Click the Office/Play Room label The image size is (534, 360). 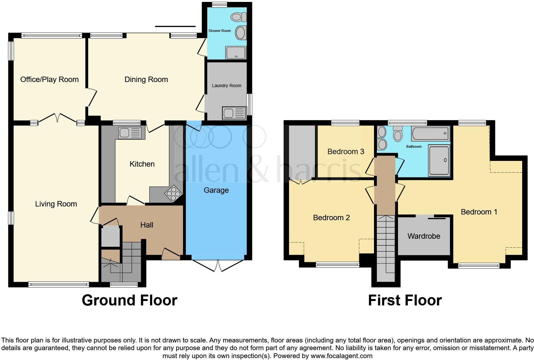coord(50,79)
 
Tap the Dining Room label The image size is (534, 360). coord(146,79)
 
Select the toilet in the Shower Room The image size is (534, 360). coord(239,17)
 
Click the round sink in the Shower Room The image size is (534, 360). coord(240,33)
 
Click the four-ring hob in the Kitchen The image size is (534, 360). coord(173,193)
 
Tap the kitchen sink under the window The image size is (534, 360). coord(130,132)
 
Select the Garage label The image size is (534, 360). coord(216,190)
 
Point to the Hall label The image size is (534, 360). coord(147,225)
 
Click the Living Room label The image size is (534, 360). coord(56,204)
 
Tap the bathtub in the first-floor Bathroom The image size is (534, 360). coord(430,133)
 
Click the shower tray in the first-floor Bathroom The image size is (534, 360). coord(439,160)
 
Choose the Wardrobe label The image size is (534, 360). coord(424,236)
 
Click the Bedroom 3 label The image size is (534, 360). coord(346,152)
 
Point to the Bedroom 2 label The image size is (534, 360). coord(331,218)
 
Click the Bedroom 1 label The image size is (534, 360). coord(479,212)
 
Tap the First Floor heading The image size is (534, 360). coord(405,300)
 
